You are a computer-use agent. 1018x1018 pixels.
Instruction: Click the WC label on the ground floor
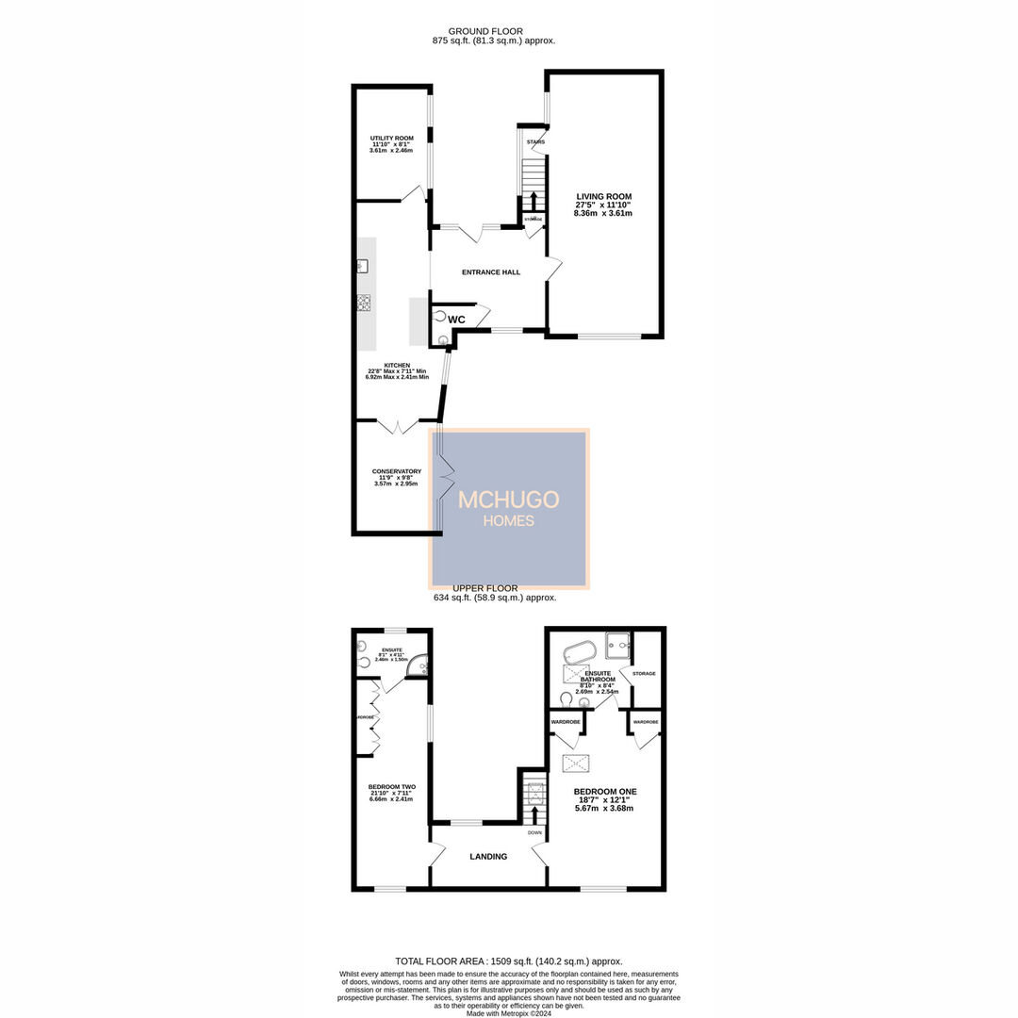[x=456, y=320]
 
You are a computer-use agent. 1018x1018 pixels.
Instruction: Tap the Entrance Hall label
[x=490, y=272]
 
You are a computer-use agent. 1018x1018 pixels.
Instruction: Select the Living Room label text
[x=603, y=197]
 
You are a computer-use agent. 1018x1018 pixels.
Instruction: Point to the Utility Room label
[x=391, y=139]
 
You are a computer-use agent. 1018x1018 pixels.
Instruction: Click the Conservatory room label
[x=396, y=471]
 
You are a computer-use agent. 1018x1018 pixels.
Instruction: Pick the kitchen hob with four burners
[x=363, y=303]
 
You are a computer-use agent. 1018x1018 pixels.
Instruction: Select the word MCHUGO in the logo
[x=509, y=501]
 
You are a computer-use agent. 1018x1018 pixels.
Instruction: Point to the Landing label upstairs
[x=488, y=857]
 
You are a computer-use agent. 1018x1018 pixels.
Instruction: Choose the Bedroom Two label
[x=391, y=787]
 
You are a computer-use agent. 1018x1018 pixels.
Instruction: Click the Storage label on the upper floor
[x=644, y=674]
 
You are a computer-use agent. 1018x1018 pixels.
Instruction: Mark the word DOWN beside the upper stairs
[x=534, y=833]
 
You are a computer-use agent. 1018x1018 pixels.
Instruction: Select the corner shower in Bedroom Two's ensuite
[x=424, y=665]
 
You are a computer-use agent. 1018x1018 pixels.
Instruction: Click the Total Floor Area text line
[x=509, y=961]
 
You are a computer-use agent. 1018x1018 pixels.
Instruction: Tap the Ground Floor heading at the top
[x=485, y=31]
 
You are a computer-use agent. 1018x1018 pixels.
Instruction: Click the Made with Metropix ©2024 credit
[x=509, y=1012]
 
